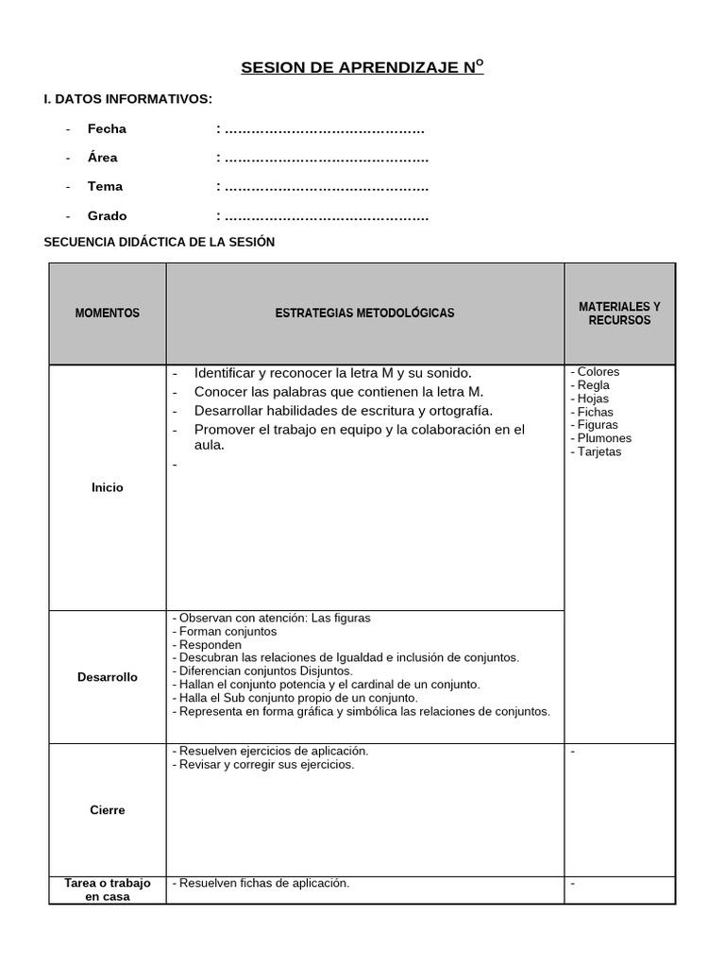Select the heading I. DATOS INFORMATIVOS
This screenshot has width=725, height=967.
[128, 99]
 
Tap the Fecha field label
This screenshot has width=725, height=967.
[107, 128]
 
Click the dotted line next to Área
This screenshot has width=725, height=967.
[323, 158]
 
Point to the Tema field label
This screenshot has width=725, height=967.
[105, 187]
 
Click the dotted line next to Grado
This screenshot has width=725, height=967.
[323, 216]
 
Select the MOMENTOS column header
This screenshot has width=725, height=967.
[107, 314]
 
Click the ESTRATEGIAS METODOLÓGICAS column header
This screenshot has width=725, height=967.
[364, 314]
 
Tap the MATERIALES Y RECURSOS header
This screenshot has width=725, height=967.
[619, 314]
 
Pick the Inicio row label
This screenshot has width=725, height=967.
[107, 488]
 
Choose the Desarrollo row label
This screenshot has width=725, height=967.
[107, 677]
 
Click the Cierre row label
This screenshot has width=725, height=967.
[107, 810]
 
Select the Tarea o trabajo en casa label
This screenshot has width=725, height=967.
[107, 890]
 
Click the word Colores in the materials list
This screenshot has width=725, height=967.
[598, 372]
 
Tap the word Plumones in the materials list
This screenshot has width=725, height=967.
[604, 438]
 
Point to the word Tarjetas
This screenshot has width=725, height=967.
[599, 451]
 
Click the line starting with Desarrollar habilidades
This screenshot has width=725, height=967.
[343, 411]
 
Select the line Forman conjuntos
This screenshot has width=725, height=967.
[228, 631]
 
